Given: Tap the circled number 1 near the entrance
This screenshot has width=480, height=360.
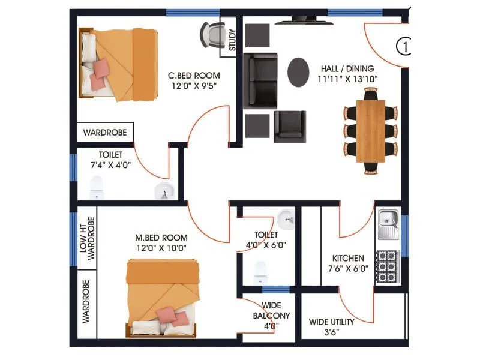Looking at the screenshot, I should (404, 46).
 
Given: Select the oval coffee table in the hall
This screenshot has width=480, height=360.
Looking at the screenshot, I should (299, 72).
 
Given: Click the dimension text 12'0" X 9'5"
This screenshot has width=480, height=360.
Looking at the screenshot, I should (193, 86).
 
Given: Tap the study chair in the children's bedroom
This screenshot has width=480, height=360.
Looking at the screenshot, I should (211, 34).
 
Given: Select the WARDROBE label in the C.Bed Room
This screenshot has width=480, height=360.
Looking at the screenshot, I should (104, 133).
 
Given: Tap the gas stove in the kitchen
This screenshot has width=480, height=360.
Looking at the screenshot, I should (388, 264).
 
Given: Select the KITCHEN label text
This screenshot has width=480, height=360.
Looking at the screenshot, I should (348, 259).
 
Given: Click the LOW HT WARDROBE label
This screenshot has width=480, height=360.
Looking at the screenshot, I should (87, 238).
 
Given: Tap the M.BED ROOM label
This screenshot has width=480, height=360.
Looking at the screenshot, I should (161, 238).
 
